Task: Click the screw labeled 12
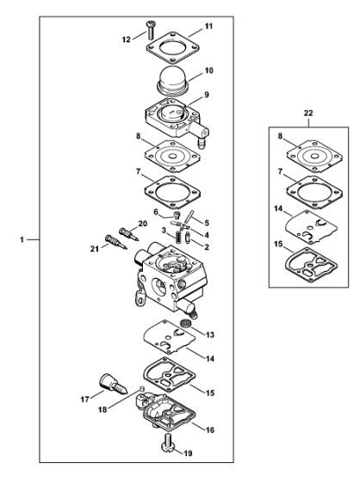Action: [x=150, y=29]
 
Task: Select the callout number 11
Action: [x=208, y=26]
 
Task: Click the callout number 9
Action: [x=207, y=95]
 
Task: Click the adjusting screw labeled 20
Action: [x=128, y=234]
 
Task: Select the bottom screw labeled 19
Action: [x=169, y=443]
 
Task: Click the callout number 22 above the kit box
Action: [x=308, y=113]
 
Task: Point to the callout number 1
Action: [x=22, y=239]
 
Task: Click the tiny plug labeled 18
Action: [x=142, y=388]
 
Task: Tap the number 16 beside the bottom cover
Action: [x=209, y=429]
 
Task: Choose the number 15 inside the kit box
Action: [x=278, y=244]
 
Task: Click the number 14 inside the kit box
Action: [x=278, y=208]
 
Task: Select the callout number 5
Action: [x=207, y=223]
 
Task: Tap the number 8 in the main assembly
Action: [x=138, y=136]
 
